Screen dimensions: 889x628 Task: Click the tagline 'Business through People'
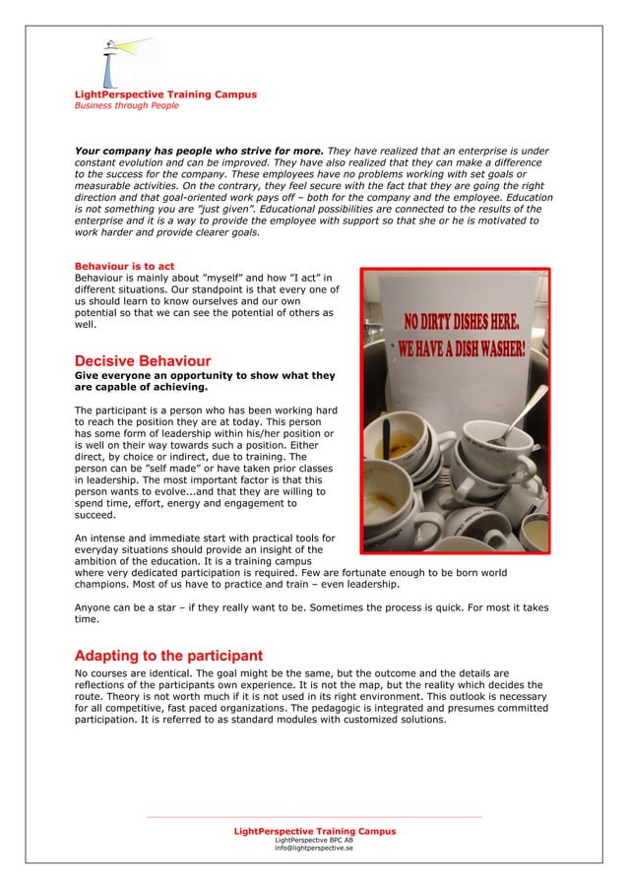[x=127, y=105]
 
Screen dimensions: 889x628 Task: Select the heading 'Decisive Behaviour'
[x=143, y=361]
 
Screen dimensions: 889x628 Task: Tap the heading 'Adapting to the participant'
[x=168, y=656]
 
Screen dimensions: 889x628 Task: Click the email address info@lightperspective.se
[x=314, y=848]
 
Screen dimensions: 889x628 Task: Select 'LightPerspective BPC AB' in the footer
[x=314, y=840]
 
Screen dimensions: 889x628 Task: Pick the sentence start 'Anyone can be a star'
[x=128, y=607]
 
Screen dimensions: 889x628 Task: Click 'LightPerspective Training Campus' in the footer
[x=314, y=831]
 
